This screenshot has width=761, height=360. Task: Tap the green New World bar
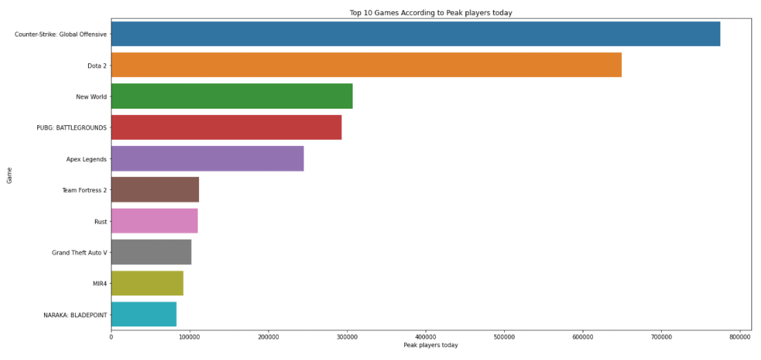231,96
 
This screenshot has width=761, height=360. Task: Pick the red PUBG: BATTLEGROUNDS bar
226,127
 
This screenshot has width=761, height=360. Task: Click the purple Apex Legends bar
207,158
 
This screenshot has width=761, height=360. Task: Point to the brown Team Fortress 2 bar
154,189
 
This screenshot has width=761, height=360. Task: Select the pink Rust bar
154,221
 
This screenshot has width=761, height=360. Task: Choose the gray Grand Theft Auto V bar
151,252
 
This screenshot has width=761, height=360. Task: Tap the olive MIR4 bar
147,283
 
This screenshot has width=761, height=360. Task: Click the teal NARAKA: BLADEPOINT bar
143,314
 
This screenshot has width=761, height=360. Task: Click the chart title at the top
430,12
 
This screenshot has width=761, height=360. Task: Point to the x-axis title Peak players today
430,345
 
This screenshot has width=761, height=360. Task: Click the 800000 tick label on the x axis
740,335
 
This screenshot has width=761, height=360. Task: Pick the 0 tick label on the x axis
111,335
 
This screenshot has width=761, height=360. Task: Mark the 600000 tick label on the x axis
583,335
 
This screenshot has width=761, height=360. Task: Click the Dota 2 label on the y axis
96,65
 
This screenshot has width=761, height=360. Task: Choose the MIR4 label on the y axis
99,284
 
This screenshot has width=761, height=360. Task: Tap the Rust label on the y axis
100,221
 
